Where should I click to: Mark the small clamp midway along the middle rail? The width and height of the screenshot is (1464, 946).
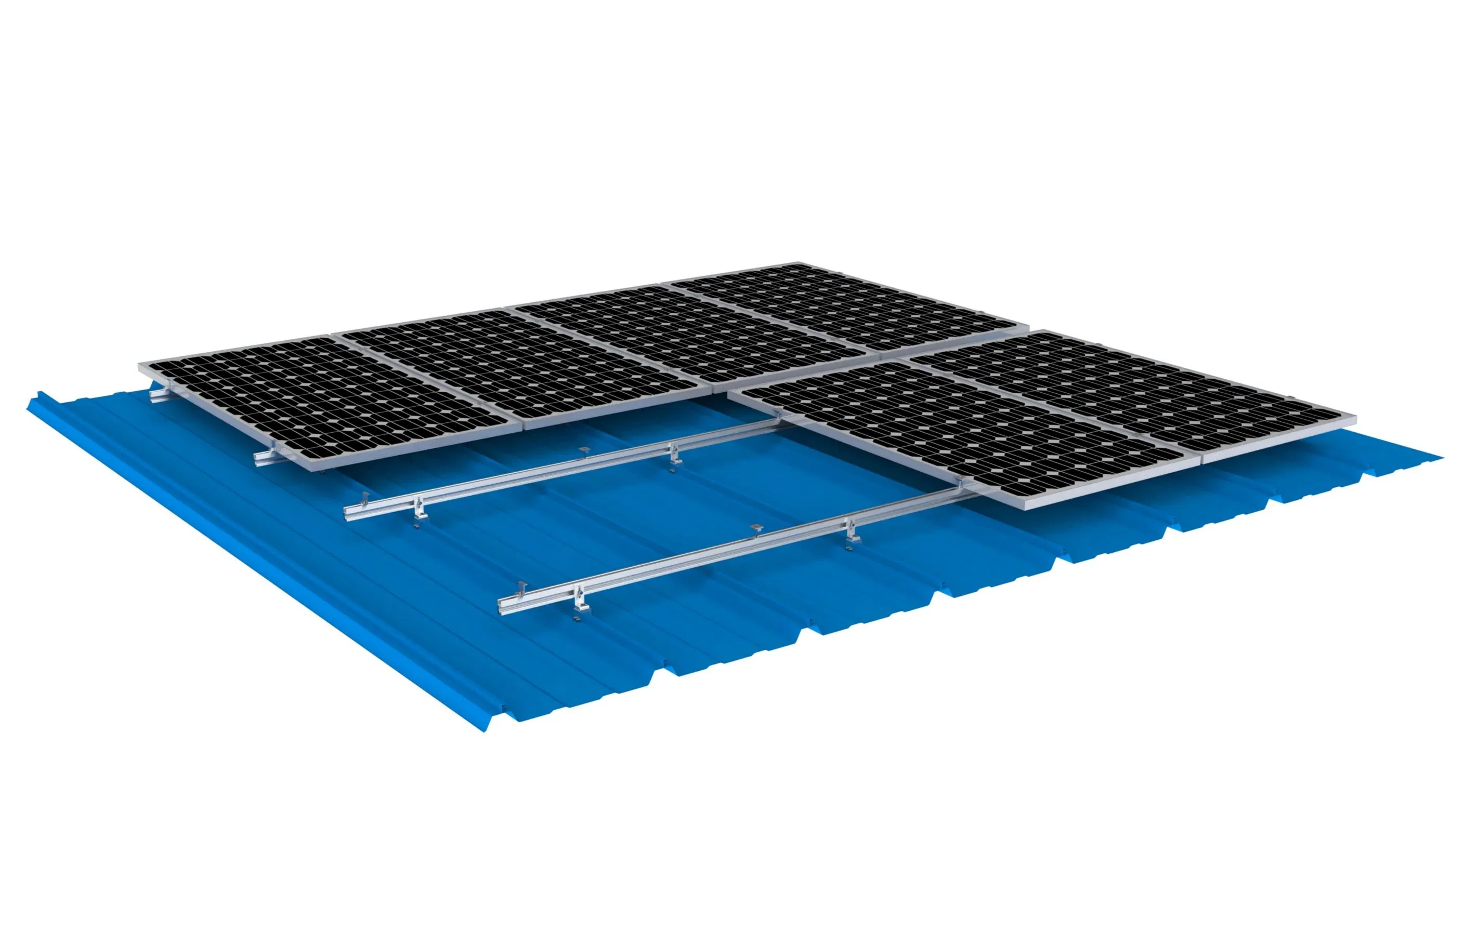(x=584, y=452)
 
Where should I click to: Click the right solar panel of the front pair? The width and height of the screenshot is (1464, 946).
(x=1131, y=393)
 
